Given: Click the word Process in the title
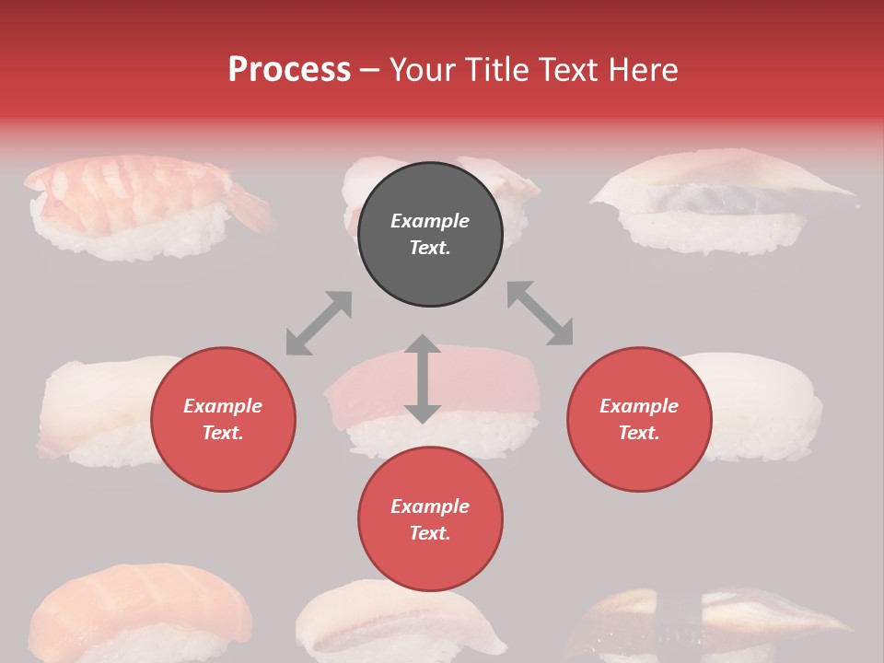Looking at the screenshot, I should pyautogui.click(x=289, y=70).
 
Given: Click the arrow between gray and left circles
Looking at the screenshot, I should pyautogui.click(x=319, y=322).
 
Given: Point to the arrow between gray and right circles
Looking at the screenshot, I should pyautogui.click(x=541, y=313).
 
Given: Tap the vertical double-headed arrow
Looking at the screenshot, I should pyautogui.click(x=423, y=378).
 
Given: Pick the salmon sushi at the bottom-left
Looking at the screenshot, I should pyautogui.click(x=138, y=612).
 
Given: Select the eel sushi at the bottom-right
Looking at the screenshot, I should pyautogui.click(x=718, y=622).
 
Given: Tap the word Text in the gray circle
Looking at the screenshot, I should pyautogui.click(x=430, y=248).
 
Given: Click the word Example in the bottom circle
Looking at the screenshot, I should pyautogui.click(x=430, y=506).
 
